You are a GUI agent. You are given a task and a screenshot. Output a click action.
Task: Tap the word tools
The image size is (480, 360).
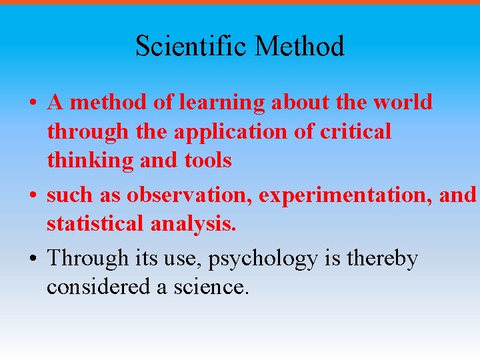(207, 161)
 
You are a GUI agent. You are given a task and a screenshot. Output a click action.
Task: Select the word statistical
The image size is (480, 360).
(94, 224)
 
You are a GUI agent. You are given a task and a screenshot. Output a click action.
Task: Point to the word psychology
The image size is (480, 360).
(263, 259)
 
